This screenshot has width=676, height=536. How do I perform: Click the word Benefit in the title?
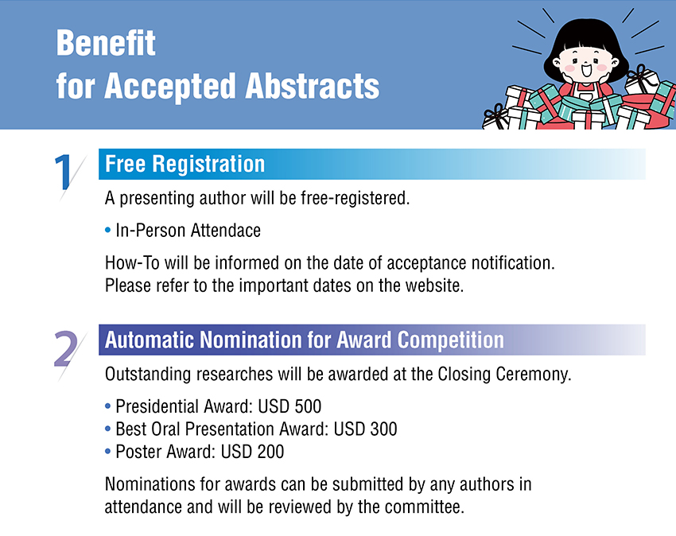point(106,43)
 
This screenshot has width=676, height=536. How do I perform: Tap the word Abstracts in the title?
point(312,86)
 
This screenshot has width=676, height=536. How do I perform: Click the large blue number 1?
point(64,172)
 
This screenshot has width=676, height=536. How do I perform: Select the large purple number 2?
point(65,349)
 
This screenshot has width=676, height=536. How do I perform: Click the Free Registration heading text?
point(185,164)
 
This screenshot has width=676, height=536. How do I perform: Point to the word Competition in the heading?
point(450,340)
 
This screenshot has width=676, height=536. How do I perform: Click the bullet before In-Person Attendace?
point(108,231)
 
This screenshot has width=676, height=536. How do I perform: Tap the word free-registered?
point(355,198)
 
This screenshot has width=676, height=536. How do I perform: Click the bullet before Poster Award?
point(108,452)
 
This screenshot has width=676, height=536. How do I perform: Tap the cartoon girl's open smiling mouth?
point(586,70)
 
